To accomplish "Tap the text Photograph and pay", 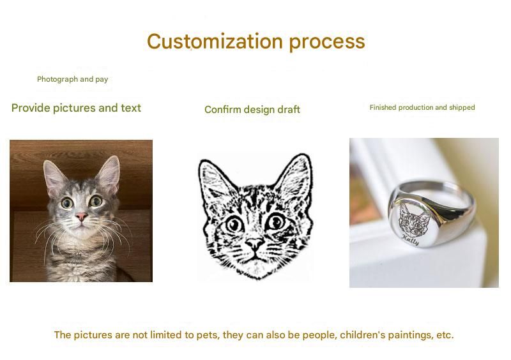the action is click(72, 79).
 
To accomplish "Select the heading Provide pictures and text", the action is click(76, 108).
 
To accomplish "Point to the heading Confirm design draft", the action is click(252, 109).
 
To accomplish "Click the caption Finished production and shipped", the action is click(422, 107).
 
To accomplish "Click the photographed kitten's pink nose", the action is click(81, 216).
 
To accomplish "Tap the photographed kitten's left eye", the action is click(67, 203).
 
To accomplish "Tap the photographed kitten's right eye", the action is click(96, 200).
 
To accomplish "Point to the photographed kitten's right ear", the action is click(109, 174).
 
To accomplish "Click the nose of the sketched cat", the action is click(254, 243).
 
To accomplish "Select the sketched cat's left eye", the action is click(234, 225).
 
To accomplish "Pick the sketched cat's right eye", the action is click(276, 221).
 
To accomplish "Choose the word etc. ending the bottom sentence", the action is click(445, 335).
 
